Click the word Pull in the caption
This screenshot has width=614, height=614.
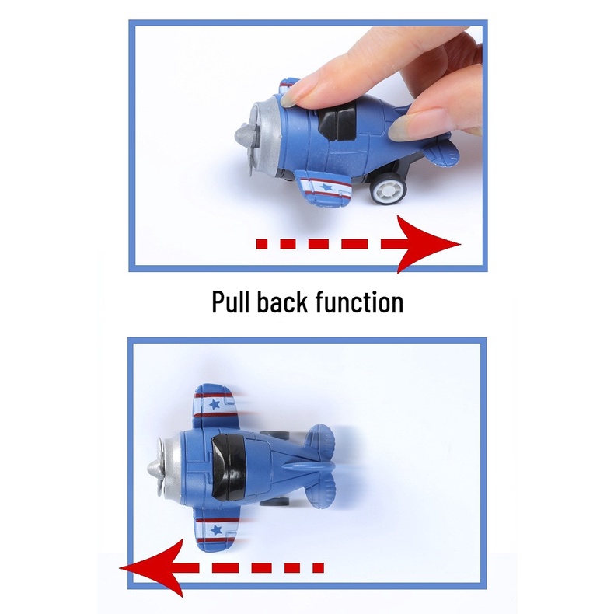230,302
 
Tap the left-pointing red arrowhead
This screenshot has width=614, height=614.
152,567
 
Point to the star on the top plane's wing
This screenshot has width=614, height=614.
326,187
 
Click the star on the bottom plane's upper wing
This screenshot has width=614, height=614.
215,403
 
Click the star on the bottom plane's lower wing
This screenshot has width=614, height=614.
216,530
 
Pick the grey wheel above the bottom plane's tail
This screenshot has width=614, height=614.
276,434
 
